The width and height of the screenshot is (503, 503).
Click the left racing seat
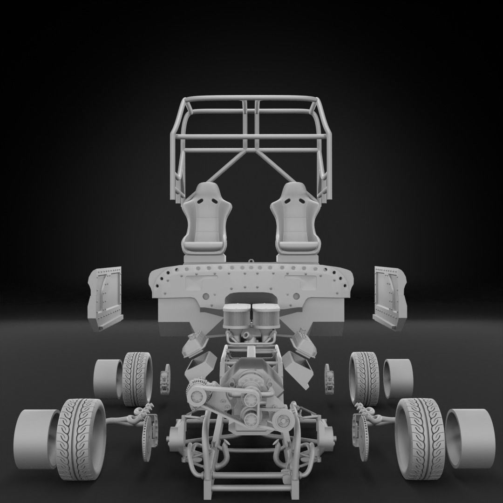pos(204,219)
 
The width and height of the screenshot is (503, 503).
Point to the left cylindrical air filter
pos(238,317)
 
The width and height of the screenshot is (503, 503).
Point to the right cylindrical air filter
pos(265,317)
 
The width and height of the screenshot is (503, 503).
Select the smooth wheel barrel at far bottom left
pos(35,439)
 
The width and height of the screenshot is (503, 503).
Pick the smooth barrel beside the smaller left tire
pos(108,378)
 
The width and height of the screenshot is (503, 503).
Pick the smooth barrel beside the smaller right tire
pos(398,378)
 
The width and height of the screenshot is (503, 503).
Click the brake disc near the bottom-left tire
pos(148,438)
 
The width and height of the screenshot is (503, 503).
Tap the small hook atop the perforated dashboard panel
pos(251,262)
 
